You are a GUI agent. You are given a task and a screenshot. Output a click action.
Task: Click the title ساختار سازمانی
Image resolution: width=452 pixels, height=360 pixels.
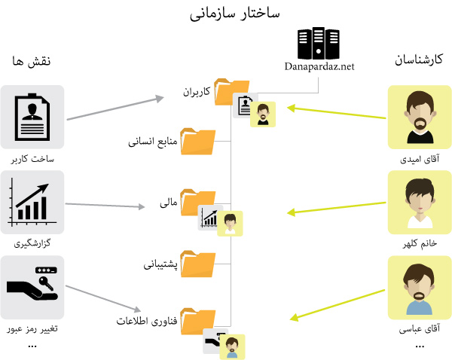click(226, 14)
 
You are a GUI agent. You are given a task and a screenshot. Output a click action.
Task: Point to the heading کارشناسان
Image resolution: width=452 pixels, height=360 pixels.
click(419, 60)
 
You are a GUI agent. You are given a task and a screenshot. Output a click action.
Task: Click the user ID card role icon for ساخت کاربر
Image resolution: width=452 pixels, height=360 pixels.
click(32, 117)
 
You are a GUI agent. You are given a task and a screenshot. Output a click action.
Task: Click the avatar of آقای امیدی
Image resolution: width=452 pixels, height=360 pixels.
click(419, 117)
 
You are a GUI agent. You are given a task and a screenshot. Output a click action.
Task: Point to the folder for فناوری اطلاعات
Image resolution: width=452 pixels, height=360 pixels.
click(199, 319)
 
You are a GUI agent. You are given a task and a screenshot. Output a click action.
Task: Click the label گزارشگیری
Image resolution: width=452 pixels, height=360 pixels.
click(32, 244)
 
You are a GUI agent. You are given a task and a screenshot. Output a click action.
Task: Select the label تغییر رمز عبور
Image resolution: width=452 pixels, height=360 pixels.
click(32, 329)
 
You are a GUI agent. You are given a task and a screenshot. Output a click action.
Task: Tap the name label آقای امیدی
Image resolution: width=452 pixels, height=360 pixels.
click(419, 160)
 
